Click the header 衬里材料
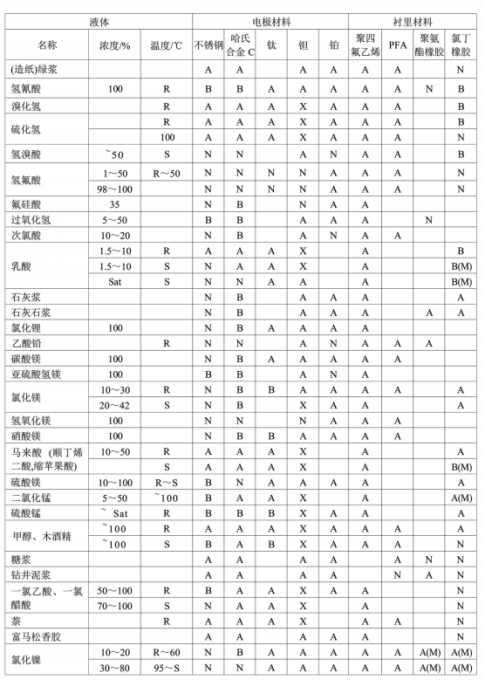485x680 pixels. click(413, 17)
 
